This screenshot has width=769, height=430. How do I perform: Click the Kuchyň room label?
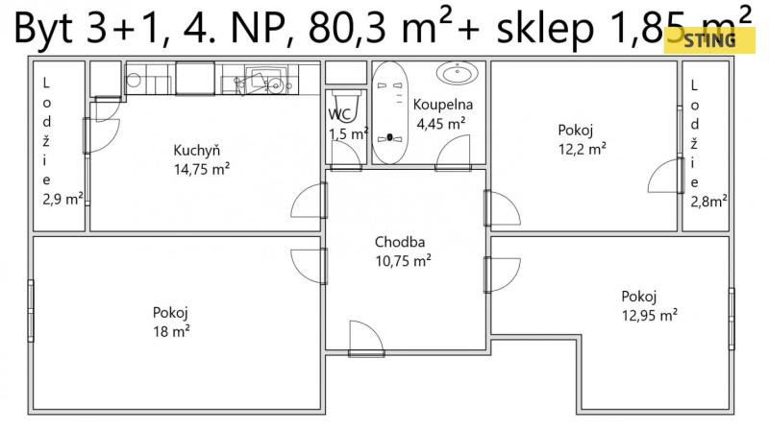197,151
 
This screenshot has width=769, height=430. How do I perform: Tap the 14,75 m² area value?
202,170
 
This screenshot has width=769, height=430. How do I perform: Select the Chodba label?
400,242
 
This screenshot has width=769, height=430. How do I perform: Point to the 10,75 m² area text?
403,260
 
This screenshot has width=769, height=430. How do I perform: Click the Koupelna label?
443,105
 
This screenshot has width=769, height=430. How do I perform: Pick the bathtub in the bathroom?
390,112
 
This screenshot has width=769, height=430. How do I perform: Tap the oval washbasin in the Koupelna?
458,73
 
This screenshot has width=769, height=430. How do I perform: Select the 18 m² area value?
171,331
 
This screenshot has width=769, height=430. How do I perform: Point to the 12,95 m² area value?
650,315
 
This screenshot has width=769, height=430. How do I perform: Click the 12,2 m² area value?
583,149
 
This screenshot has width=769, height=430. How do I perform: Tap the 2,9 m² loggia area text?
62,200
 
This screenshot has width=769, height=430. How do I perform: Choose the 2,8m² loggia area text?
708,202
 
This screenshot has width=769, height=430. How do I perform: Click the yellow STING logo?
709,40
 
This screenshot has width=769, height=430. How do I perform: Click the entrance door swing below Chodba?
366,336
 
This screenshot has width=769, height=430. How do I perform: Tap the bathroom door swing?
453,152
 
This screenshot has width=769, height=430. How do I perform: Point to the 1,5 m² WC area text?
348,133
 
